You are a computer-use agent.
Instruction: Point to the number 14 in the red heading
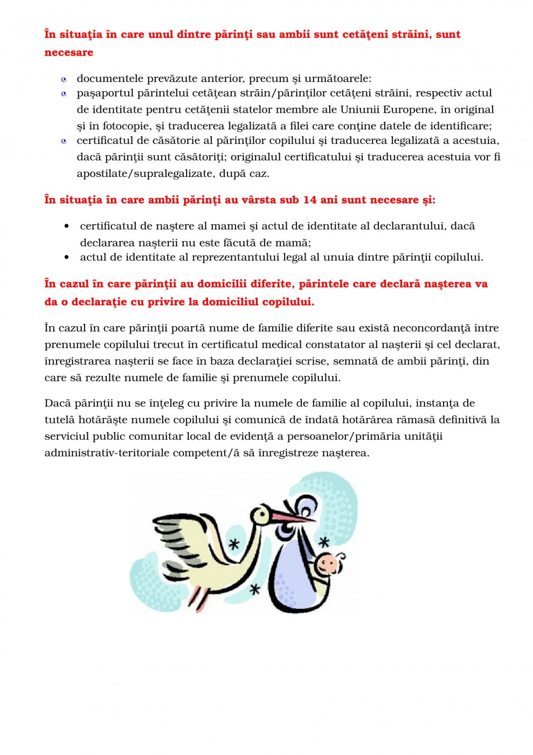[310, 200]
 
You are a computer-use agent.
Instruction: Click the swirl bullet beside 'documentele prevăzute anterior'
[64, 79]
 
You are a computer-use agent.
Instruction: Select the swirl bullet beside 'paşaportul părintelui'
[64, 94]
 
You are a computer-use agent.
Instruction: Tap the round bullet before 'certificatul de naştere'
[67, 226]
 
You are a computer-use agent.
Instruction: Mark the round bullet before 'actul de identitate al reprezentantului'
[67, 258]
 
